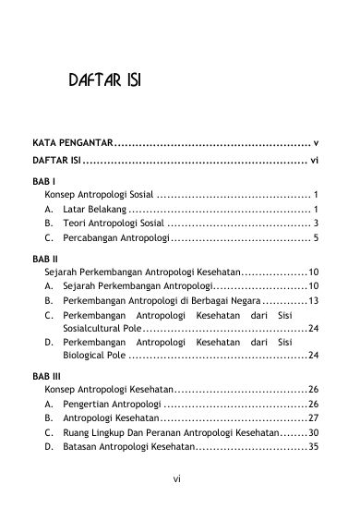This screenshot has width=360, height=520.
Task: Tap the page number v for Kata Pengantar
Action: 316,143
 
